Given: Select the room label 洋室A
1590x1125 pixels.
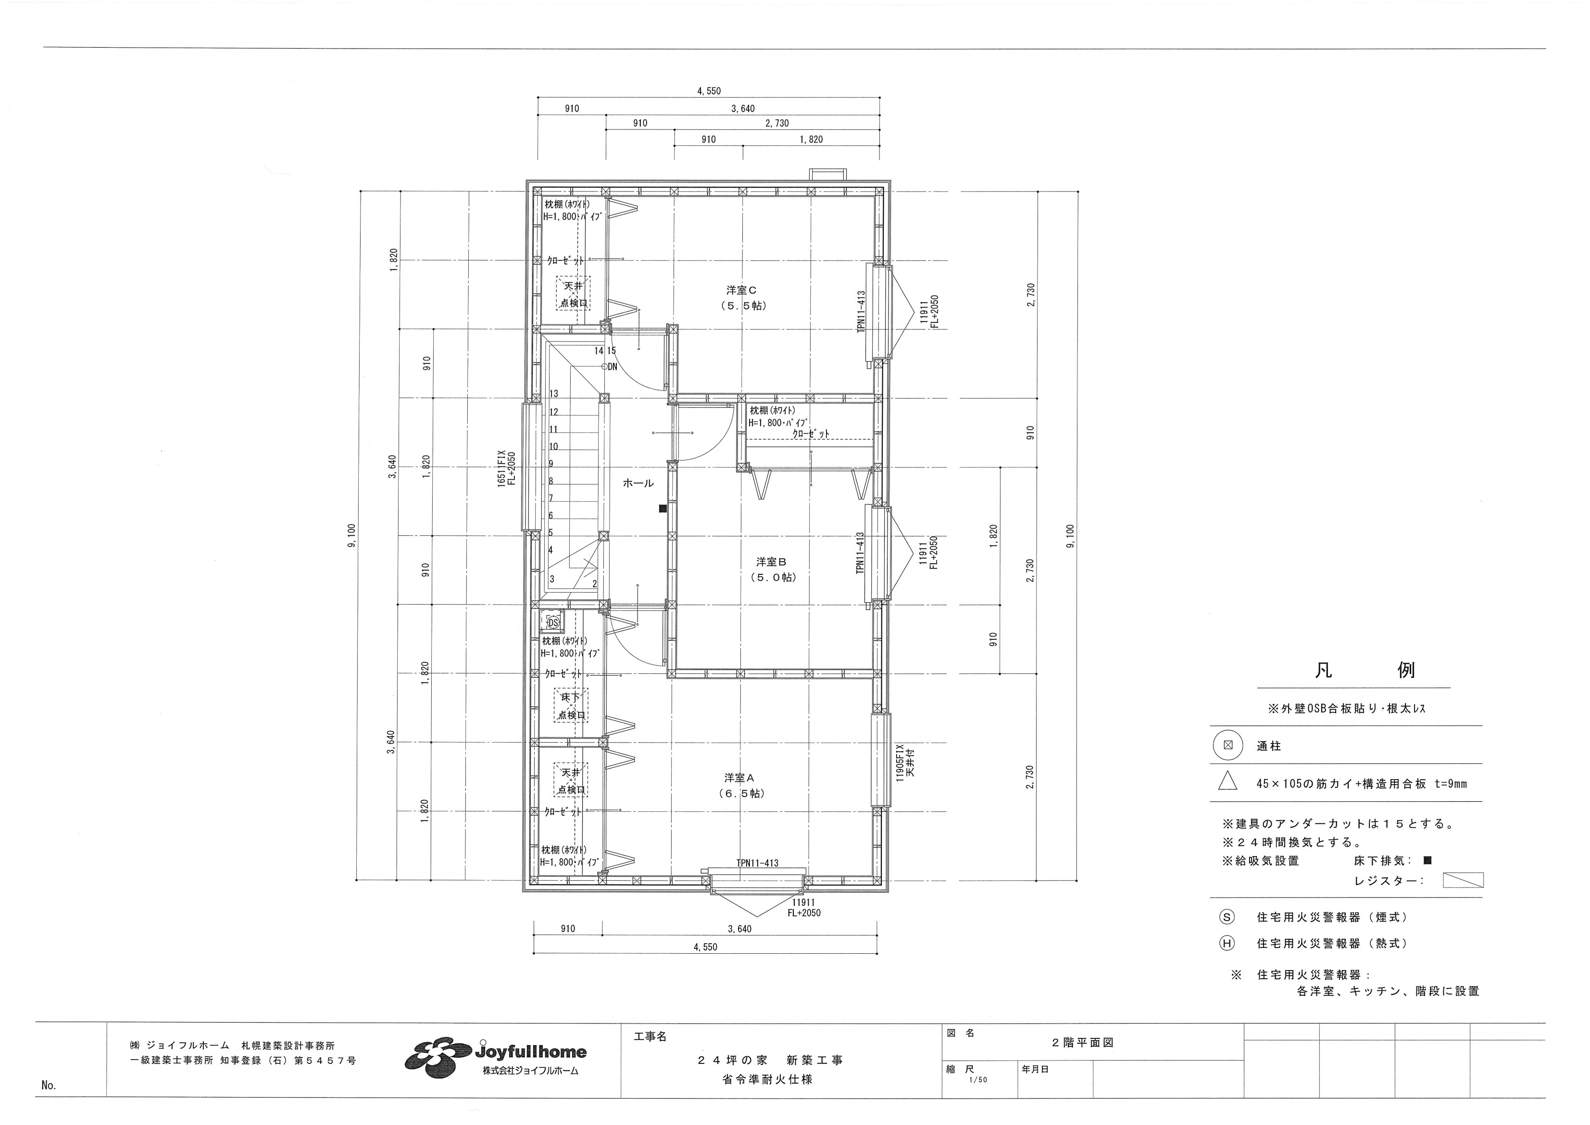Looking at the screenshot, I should [x=739, y=778].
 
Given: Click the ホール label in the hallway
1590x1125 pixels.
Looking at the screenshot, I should [x=638, y=483].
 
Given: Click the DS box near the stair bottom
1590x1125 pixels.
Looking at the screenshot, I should [x=552, y=622].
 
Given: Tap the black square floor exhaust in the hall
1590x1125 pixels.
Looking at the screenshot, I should [x=663, y=508].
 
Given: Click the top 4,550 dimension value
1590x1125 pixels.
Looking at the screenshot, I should [x=708, y=91].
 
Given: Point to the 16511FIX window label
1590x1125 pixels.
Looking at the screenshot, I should [x=501, y=470].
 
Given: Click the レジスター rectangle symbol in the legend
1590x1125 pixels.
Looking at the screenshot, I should [x=1463, y=881].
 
